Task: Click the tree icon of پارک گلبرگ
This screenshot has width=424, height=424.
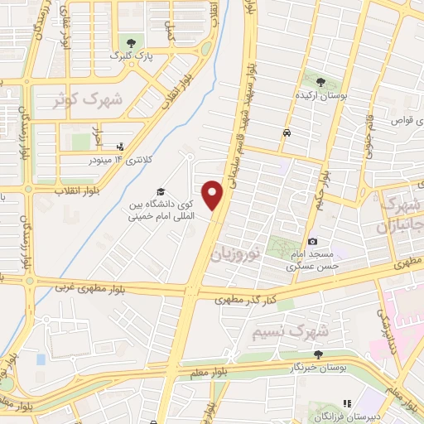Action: [x=130, y=41]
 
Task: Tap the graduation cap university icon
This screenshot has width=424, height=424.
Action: [x=160, y=193]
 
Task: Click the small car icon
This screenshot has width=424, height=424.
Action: [x=286, y=132]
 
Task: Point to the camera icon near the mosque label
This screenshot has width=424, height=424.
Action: [x=312, y=242]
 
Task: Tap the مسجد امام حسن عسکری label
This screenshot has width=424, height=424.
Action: [x=310, y=261]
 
